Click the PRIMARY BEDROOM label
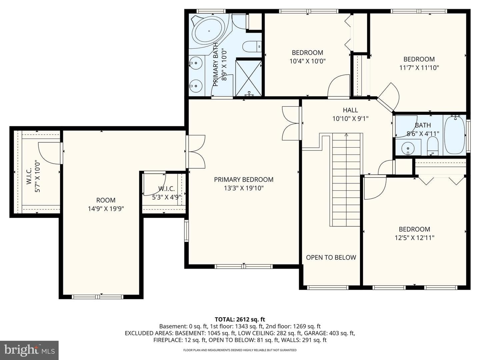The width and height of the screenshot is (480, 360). [x=244, y=179]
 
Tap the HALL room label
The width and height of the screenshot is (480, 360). [x=350, y=110]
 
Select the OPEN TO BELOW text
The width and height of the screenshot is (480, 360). [x=331, y=257]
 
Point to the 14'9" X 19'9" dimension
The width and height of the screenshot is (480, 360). [x=106, y=209]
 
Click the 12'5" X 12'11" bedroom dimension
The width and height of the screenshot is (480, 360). [x=414, y=238]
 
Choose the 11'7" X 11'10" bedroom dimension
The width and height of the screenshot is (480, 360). [x=419, y=68]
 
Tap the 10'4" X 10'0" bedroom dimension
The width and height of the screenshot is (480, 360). [x=307, y=61]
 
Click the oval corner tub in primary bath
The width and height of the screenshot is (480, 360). [x=209, y=31]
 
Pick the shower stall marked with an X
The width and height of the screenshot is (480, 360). [x=248, y=78]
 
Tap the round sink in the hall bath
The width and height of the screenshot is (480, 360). [x=408, y=148]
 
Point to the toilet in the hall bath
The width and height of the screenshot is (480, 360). [x=433, y=146]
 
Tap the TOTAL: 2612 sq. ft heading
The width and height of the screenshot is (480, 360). [x=240, y=319]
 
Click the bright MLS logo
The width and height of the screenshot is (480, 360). [x=29, y=350]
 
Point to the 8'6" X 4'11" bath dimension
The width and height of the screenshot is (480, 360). [x=423, y=134]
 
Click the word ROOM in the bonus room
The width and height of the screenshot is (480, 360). [x=106, y=200]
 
